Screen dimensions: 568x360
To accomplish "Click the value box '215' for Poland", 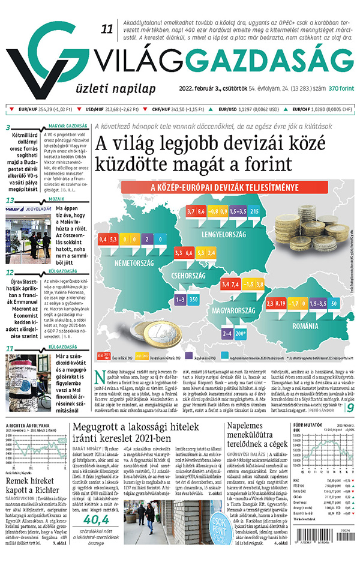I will pyautogui.click(x=254, y=211).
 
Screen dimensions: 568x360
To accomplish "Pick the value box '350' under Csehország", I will pyautogui.click(x=194, y=298).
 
